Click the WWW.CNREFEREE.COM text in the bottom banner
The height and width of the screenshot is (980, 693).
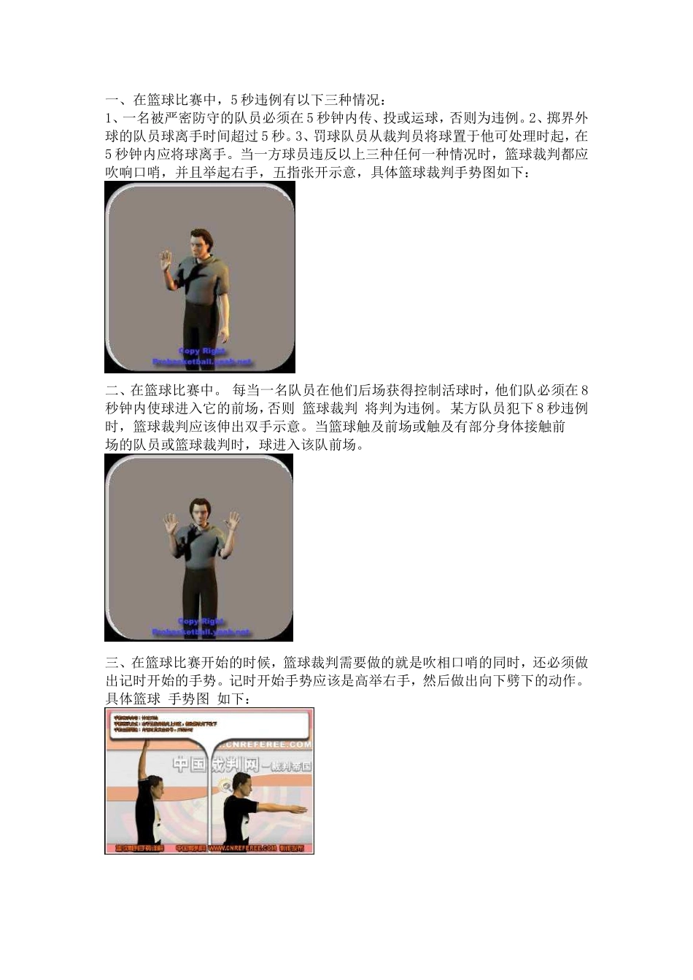(x=241, y=848)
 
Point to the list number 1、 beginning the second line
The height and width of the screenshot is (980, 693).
(x=112, y=118)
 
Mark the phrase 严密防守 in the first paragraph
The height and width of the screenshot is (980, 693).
(x=183, y=118)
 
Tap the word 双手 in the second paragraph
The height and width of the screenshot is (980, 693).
(x=269, y=427)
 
